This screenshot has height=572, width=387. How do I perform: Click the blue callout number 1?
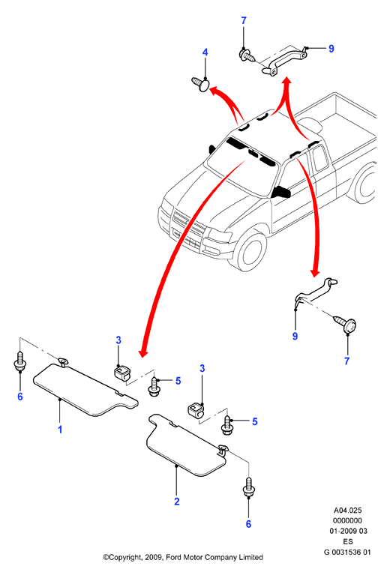[x=60, y=430]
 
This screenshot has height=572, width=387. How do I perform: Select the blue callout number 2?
[x=177, y=502]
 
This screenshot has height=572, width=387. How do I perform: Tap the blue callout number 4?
[x=205, y=52]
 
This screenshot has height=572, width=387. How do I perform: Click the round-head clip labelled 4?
[x=201, y=85]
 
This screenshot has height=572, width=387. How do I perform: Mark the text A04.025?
[x=347, y=511]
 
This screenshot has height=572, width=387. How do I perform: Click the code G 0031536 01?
[x=347, y=552]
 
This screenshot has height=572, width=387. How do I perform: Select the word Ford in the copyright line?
[x=174, y=557]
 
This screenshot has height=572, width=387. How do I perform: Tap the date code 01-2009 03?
[x=348, y=531]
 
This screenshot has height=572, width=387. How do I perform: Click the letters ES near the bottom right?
[x=348, y=541]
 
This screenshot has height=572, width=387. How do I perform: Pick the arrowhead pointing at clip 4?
[x=214, y=90]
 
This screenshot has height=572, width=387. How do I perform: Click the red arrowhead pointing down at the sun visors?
[x=143, y=352]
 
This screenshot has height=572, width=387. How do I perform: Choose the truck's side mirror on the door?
[x=281, y=191]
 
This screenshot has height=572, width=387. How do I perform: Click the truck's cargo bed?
[x=340, y=121]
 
